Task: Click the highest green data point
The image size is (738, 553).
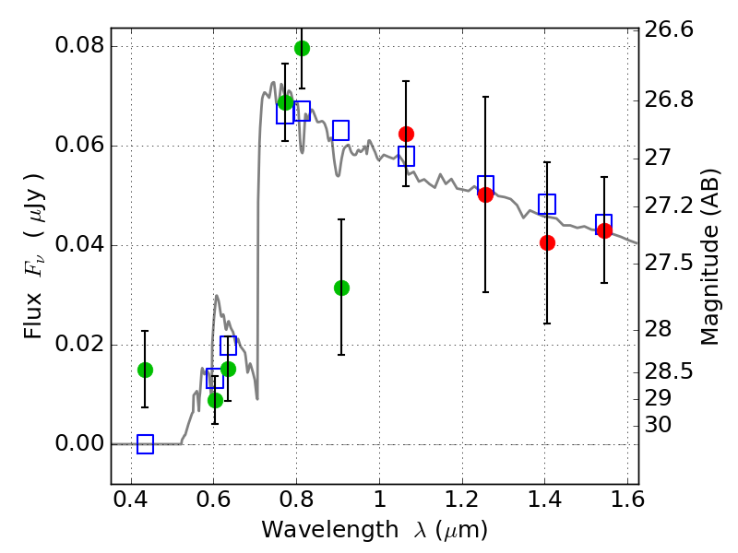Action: pyautogui.click(x=302, y=48)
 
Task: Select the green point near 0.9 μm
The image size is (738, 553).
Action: pyautogui.click(x=341, y=288)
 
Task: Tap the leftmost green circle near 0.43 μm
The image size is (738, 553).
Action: pyautogui.click(x=145, y=370)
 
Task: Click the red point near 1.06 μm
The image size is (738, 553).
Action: pyautogui.click(x=406, y=134)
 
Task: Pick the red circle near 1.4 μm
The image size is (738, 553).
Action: pyautogui.click(x=547, y=242)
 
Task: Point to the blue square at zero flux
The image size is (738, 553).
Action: pyautogui.click(x=145, y=444)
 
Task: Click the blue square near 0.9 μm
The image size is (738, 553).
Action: pyautogui.click(x=340, y=130)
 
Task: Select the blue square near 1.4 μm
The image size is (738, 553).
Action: pyautogui.click(x=547, y=204)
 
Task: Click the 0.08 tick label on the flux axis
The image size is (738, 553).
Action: pyautogui.click(x=80, y=46)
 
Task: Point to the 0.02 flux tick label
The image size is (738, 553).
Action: pyautogui.click(x=80, y=345)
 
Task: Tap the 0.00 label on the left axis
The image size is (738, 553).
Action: pyautogui.click(x=80, y=444)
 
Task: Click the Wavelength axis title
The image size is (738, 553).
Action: pyautogui.click(x=374, y=531)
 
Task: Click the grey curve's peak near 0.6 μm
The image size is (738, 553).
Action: pyautogui.click(x=217, y=296)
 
